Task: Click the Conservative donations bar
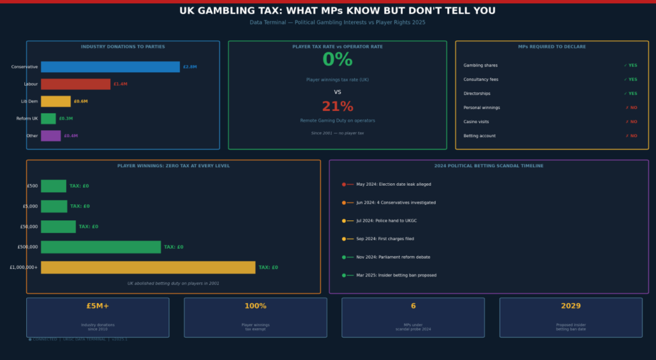point(110,67)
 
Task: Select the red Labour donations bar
point(76,84)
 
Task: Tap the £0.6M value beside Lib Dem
point(81,101)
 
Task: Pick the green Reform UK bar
point(48,119)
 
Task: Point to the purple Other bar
point(51,136)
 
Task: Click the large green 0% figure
point(337,60)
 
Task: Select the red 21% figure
point(337,107)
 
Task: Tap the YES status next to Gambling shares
point(630,65)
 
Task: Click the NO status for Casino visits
point(630,122)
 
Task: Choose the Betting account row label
point(480,136)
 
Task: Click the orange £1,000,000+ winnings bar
point(148,267)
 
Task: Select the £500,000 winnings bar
point(101,247)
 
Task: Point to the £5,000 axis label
point(29,206)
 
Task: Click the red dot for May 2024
point(344,184)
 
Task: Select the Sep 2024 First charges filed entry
point(385,239)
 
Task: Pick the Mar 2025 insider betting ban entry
point(396,275)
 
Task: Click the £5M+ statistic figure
point(98,306)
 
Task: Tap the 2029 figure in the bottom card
point(571,306)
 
